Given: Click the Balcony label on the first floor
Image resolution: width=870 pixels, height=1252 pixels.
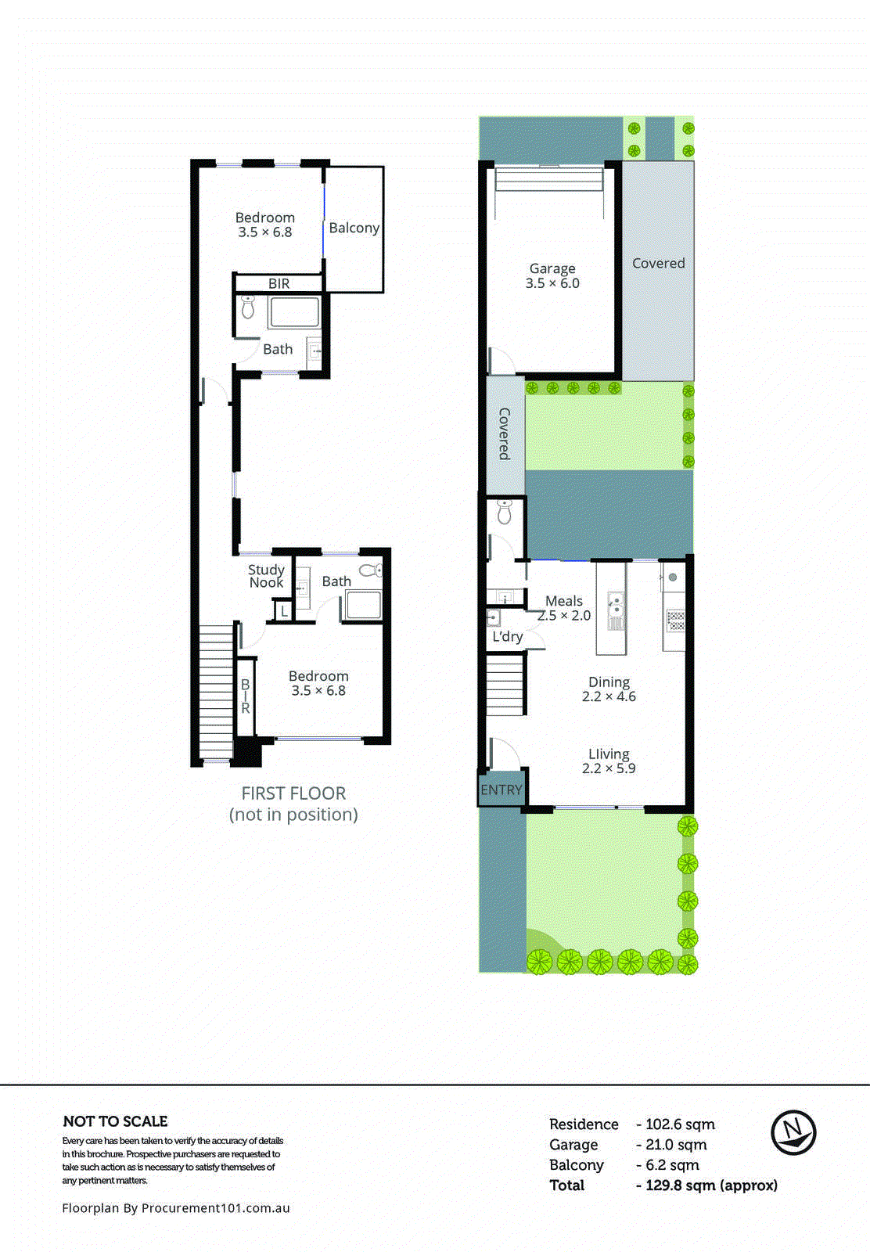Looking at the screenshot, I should pos(354,228).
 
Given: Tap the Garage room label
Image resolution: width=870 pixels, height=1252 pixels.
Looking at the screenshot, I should pos(552,268).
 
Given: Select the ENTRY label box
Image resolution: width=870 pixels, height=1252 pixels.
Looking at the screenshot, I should pos(501,790).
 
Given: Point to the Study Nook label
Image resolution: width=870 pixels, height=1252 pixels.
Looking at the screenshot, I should pos(266,576).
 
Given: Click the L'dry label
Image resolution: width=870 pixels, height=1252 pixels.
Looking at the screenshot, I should pos(507,637).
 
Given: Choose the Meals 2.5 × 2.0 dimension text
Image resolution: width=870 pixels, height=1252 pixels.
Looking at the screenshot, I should pos(564,616).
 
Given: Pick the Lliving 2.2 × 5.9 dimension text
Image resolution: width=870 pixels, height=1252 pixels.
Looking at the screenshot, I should pos(609,768).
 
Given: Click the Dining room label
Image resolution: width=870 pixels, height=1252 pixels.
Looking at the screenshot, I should pos(609,682).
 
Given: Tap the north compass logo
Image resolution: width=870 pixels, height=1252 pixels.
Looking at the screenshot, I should pos(793,1132).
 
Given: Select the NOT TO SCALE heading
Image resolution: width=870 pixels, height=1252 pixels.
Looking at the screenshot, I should pos(115,1121).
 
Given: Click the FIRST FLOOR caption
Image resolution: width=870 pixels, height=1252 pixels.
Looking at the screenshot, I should pos(293,793).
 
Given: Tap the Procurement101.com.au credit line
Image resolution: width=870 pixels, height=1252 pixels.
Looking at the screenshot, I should pos(176,1208).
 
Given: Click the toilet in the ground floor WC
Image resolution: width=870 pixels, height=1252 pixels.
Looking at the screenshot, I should pos(505,512).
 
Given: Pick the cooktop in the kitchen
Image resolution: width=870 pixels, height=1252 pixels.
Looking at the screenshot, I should pos(675,621).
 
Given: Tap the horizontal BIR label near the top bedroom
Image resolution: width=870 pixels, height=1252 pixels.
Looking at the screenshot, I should pos(279,284).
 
